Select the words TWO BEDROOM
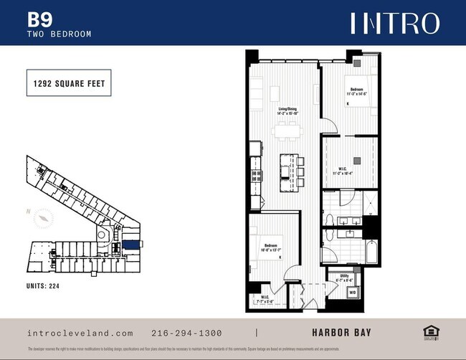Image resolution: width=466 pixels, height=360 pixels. [x=59, y=33]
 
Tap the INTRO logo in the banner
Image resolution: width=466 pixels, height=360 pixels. [x=394, y=23]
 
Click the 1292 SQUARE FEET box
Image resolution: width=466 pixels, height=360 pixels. [x=69, y=83]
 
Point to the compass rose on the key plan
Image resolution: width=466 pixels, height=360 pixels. [x=44, y=217]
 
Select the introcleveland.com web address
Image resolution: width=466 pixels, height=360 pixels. [x=80, y=333]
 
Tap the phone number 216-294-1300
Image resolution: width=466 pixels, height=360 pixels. [x=187, y=333]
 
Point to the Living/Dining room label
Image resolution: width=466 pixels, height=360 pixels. [x=287, y=111]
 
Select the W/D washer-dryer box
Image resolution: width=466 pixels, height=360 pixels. [x=352, y=293]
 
